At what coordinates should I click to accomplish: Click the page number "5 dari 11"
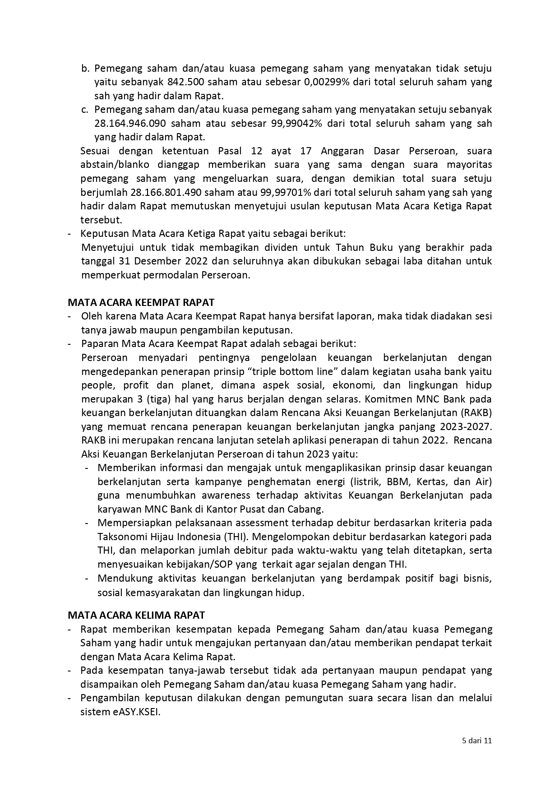point(477,741)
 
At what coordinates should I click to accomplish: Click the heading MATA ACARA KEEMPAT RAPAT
point(141,302)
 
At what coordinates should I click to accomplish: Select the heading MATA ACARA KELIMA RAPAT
point(136,615)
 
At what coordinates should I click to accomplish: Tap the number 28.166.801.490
point(166,193)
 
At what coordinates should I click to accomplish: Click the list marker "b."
point(85,69)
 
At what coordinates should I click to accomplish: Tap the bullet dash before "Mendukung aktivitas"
point(87,579)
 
